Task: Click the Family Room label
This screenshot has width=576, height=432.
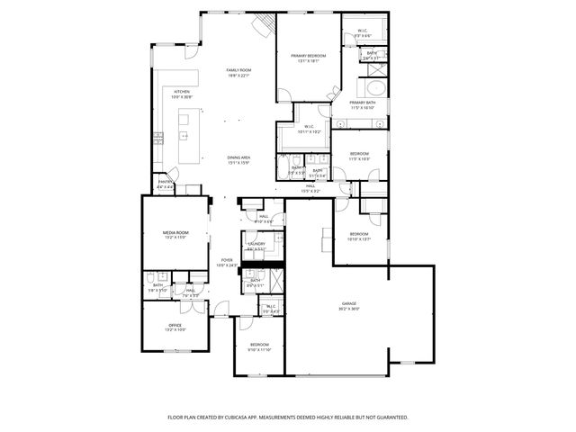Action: (238, 70)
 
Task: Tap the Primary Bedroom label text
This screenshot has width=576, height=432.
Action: (308, 56)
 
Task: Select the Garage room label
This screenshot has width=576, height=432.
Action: (349, 303)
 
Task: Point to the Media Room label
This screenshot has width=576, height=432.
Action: (175, 232)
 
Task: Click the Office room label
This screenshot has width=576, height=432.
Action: (175, 325)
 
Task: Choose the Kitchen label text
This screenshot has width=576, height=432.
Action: (182, 92)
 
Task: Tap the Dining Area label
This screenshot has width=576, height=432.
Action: (238, 157)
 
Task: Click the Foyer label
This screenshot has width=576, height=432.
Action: (228, 260)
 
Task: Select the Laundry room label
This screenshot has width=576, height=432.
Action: (256, 243)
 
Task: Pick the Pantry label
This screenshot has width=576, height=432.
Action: (165, 182)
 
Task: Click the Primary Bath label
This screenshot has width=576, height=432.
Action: (363, 103)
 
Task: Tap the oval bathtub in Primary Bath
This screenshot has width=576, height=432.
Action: (372, 88)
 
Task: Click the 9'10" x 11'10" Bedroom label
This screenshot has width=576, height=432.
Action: (259, 345)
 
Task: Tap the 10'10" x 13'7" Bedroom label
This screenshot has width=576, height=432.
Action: (359, 235)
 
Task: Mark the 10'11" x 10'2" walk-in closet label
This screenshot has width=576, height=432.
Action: (308, 127)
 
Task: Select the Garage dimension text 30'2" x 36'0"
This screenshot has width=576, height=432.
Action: (349, 309)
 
